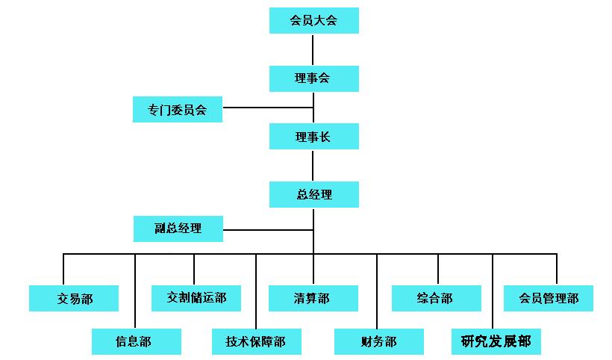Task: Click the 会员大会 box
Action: [313, 20]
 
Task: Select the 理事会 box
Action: [313, 78]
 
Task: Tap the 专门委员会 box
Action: [178, 109]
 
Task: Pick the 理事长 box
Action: [313, 137]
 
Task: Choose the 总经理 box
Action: [313, 195]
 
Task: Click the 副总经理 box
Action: [178, 229]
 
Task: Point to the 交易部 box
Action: [74, 298]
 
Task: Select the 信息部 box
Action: [136, 342]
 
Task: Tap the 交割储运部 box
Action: [196, 297]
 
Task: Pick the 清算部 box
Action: [313, 298]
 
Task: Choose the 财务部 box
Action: [378, 342]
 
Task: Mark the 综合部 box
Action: [436, 298]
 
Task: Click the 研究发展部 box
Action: [496, 341]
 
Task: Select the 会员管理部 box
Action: [549, 298]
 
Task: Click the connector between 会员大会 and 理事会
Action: [313, 49]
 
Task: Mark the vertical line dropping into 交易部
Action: [63, 270]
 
